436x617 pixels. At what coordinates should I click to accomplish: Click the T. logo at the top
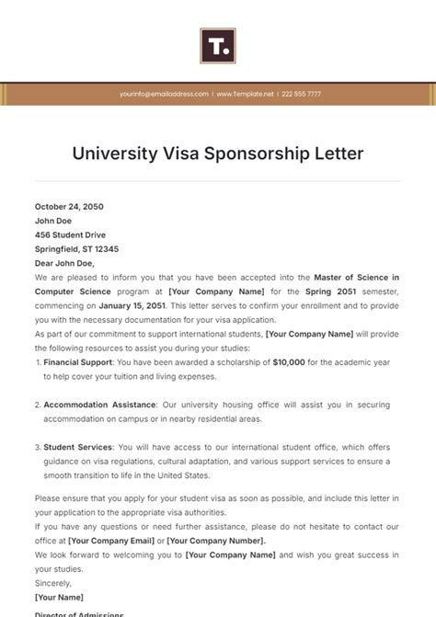pos(218,45)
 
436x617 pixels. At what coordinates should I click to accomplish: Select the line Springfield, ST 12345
pos(76,249)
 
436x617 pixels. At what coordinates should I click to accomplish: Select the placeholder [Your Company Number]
pos(224,542)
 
